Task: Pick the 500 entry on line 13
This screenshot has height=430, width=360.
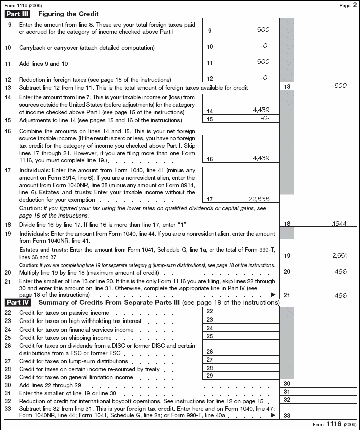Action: click(x=340, y=86)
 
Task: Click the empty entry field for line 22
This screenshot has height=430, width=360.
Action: click(x=248, y=312)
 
